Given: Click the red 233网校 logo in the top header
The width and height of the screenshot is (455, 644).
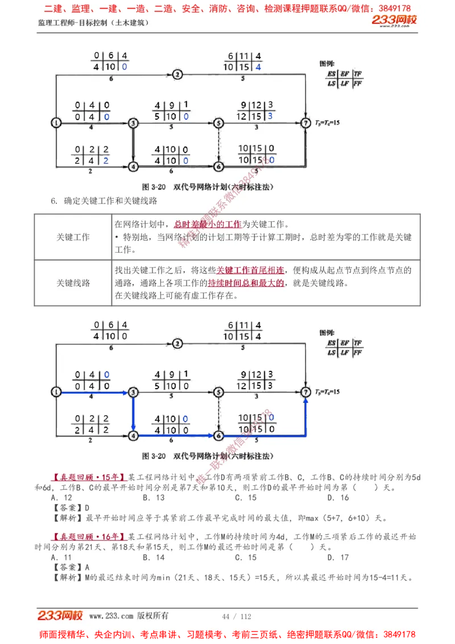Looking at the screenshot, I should click(x=394, y=20).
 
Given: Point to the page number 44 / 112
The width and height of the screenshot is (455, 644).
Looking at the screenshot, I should click(x=237, y=616).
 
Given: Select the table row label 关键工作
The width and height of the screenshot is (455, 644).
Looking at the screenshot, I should click(x=73, y=237).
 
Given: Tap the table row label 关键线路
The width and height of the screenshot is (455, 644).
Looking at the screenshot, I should click(x=73, y=283).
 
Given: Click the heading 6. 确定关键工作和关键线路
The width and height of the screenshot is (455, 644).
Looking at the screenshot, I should click(x=104, y=201).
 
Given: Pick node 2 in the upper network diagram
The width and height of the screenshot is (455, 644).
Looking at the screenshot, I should click(x=177, y=74).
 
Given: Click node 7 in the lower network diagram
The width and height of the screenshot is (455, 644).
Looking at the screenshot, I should click(x=306, y=392).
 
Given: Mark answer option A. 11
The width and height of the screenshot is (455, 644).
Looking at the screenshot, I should click(x=61, y=558).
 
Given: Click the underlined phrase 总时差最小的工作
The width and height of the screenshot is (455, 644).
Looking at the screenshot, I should click(x=208, y=225).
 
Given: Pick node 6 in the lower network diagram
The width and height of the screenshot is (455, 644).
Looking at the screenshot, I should click(x=218, y=436).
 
